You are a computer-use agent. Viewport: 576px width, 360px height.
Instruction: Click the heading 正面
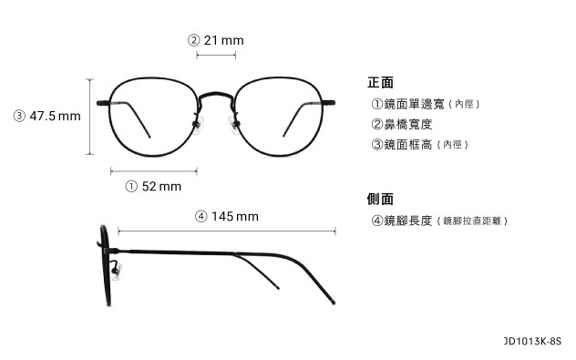pos(380,82)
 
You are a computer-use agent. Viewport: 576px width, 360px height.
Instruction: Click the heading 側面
pos(380,199)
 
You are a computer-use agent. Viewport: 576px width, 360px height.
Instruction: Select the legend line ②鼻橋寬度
pos(401,124)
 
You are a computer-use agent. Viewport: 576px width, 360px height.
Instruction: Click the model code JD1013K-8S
pos(533,342)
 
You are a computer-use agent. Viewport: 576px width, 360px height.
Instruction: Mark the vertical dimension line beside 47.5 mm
pos(89,117)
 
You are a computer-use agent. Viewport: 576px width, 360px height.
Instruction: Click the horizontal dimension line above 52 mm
pos(154,170)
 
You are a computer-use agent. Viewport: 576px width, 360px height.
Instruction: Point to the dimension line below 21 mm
pos(216,56)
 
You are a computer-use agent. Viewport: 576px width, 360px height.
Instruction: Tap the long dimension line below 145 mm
pos(227,231)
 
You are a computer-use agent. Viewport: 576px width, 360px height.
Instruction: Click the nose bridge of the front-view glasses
pos(216,94)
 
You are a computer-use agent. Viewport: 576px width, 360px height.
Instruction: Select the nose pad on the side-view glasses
pos(116,270)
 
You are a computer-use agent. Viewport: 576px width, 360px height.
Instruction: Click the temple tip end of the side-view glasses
pos(335,301)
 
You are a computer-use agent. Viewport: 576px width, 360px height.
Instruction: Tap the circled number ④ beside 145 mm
pos(201,216)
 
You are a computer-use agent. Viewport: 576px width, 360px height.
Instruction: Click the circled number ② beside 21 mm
pos(193,40)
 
